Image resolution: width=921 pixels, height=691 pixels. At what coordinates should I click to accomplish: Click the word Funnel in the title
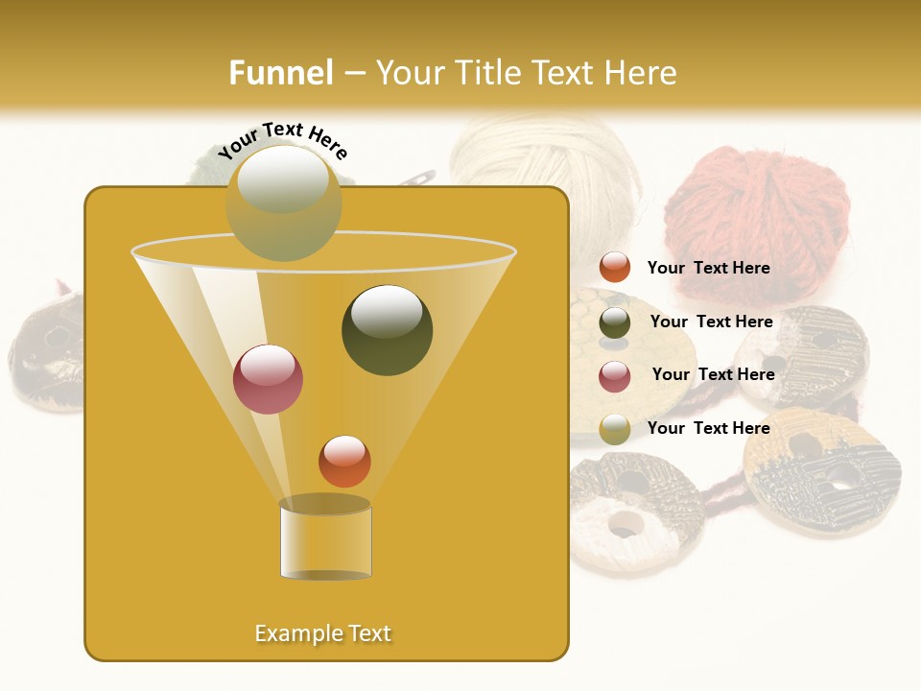(x=281, y=73)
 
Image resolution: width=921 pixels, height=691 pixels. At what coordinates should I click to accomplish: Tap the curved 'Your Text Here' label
(x=283, y=140)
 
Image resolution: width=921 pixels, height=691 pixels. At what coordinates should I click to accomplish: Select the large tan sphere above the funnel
(x=284, y=203)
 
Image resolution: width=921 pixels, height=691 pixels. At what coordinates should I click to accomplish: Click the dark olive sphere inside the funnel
(x=387, y=329)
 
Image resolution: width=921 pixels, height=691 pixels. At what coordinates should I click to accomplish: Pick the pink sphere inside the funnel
(x=268, y=379)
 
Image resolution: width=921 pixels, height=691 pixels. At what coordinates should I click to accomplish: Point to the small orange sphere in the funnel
(x=344, y=461)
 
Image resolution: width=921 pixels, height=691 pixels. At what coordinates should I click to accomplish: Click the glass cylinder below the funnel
(x=325, y=538)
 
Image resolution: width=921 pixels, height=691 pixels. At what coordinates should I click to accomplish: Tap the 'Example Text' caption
(x=323, y=633)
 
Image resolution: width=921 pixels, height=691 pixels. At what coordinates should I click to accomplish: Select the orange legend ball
(x=615, y=268)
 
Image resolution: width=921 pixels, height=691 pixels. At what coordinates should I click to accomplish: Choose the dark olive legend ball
(x=615, y=322)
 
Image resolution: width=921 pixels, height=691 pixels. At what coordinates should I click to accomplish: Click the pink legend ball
(x=615, y=376)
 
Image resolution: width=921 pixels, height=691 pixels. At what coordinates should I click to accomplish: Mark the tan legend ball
(x=615, y=429)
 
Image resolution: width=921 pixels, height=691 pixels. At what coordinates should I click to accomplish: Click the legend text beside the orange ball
(x=708, y=269)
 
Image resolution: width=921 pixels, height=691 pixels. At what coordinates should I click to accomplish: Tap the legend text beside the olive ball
(x=711, y=322)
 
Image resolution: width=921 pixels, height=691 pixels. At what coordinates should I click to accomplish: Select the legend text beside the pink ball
(x=713, y=375)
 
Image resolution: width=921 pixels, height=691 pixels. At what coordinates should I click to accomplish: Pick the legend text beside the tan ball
(x=708, y=428)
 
